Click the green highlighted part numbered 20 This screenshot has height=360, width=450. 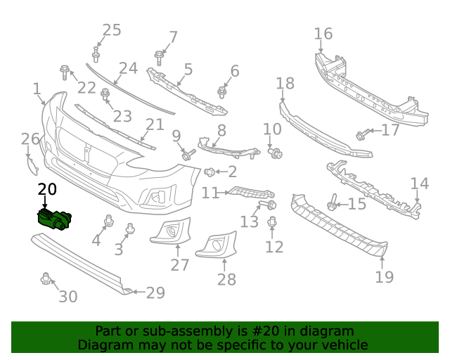click(55, 219)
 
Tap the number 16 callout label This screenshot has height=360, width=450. click(323, 34)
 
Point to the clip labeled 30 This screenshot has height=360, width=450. click(46, 279)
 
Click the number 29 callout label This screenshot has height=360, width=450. click(155, 292)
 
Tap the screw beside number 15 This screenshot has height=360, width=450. click(332, 204)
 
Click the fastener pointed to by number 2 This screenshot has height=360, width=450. click(210, 172)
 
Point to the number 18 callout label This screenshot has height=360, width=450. click(285, 84)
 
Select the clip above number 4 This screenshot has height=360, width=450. click(109, 221)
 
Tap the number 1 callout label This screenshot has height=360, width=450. click(37, 89)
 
